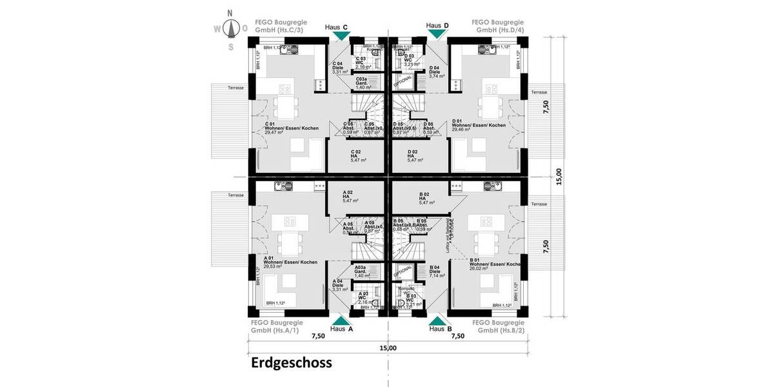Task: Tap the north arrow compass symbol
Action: (230, 28)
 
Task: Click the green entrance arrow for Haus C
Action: (338, 37)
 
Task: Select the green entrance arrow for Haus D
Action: (436, 35)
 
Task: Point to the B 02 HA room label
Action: (428, 198)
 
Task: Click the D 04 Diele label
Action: (438, 72)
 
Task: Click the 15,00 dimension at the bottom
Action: (388, 348)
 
